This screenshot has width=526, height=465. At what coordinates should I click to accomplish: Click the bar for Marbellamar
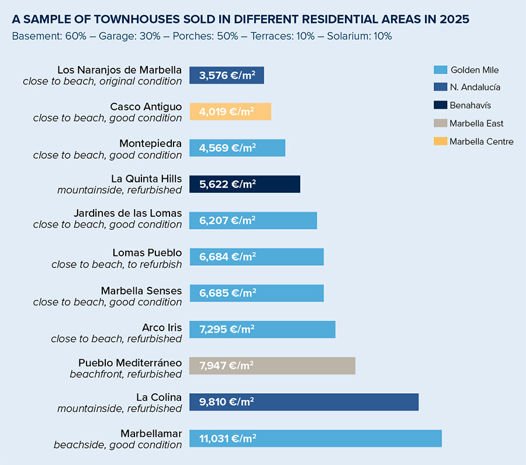pyautogui.click(x=316, y=438)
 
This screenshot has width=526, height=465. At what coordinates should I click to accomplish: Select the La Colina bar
pyautogui.click(x=304, y=402)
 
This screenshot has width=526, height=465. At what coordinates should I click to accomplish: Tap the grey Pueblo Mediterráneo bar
pyautogui.click(x=272, y=366)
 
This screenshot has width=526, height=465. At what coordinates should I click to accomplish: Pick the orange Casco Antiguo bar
pyautogui.click(x=230, y=112)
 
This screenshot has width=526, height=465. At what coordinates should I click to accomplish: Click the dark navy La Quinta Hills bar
pyautogui.click(x=245, y=184)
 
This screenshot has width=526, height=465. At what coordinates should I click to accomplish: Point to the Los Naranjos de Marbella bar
pyautogui.click(x=227, y=75)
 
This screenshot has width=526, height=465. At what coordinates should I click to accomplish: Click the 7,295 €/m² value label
pyautogui.click(x=227, y=329)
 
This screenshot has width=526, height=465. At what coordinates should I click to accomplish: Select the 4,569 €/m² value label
pyautogui.click(x=227, y=148)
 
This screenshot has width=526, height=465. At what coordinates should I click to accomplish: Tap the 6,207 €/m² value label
pyautogui.click(x=227, y=220)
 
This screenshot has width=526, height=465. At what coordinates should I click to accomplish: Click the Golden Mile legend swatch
pyautogui.click(x=440, y=70)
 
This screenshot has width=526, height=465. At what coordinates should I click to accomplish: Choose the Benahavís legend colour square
pyautogui.click(x=440, y=105)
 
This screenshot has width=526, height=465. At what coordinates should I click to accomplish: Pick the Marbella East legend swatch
pyautogui.click(x=440, y=123)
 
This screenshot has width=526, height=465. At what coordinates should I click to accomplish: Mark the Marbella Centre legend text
pyautogui.click(x=482, y=141)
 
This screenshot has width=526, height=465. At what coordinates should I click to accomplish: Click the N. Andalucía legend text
pyautogui.click(x=475, y=88)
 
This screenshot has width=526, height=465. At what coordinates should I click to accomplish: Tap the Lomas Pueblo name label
pyautogui.click(x=147, y=253)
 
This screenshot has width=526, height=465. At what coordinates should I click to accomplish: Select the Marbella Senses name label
pyautogui.click(x=141, y=290)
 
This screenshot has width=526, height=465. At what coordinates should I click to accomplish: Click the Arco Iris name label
pyautogui.click(x=162, y=327)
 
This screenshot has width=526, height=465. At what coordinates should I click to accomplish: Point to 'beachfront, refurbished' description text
pyautogui.click(x=126, y=374)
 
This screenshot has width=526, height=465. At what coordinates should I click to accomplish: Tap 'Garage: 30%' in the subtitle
pyautogui.click(x=123, y=36)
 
